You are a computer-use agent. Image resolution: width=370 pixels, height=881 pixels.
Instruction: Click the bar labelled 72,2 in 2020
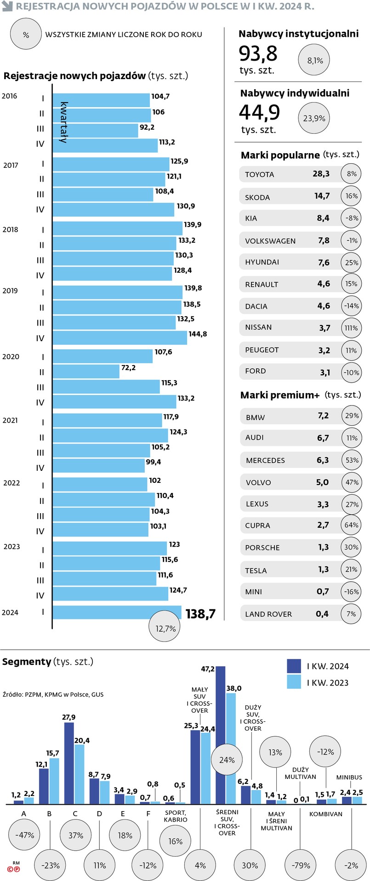click(x=86, y=372)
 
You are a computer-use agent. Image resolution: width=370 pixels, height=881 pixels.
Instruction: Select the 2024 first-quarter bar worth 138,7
click(x=117, y=612)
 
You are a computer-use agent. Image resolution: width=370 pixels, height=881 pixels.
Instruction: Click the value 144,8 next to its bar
click(x=198, y=334)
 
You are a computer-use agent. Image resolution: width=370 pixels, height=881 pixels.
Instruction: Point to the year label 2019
click(x=10, y=291)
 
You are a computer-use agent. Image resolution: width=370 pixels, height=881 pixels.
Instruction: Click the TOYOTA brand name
click(x=259, y=174)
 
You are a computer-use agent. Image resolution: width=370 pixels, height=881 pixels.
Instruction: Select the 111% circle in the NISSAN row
click(x=351, y=328)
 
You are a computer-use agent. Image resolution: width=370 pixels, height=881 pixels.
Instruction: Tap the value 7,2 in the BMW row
click(x=323, y=415)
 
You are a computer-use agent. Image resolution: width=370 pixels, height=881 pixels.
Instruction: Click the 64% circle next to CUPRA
click(x=351, y=525)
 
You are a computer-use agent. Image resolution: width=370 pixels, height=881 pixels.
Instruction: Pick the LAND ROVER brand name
click(x=268, y=614)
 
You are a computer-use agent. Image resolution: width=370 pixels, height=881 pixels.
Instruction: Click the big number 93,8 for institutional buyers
click(x=258, y=53)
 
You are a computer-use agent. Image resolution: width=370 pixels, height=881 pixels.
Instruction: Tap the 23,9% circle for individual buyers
click(x=314, y=118)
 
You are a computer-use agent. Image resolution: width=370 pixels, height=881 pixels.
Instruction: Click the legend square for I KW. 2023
click(x=294, y=682)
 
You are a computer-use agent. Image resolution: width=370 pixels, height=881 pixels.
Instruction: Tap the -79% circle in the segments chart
click(x=301, y=865)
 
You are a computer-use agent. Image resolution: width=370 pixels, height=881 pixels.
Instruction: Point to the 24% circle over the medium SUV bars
click(x=227, y=760)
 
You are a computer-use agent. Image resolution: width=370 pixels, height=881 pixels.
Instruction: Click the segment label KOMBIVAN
click(x=325, y=814)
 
